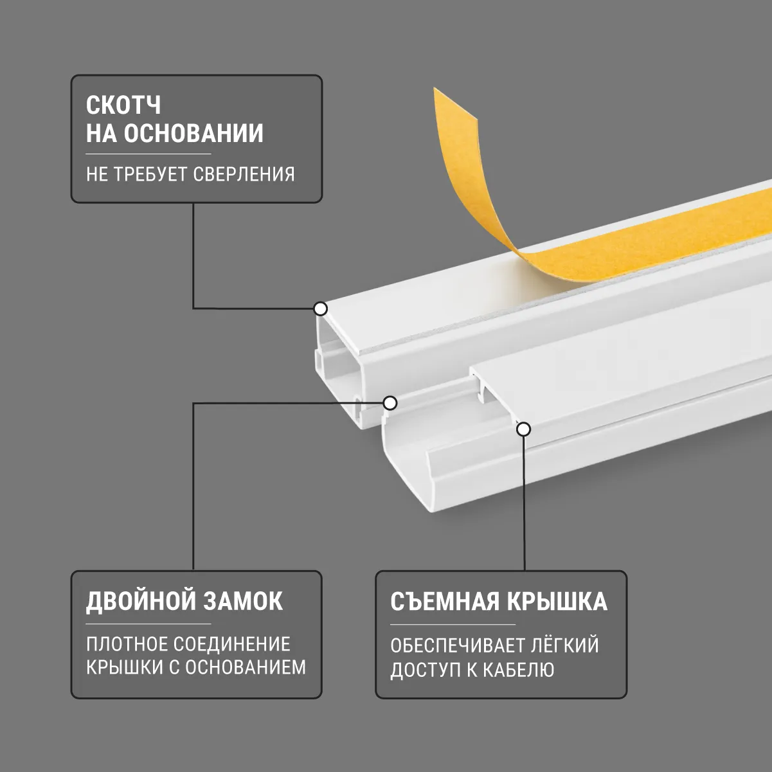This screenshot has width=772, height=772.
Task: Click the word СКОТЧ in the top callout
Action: [123, 105]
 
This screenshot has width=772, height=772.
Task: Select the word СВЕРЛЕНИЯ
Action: [244, 174]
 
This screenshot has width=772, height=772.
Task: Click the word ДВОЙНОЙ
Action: [140, 602]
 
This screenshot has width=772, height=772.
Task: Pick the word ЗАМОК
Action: [243, 601]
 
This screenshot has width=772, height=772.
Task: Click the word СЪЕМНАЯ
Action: [445, 601]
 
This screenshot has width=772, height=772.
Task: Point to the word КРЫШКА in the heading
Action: [557, 601]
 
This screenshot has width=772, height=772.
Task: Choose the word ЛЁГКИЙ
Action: [565, 645]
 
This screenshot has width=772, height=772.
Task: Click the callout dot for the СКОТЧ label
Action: [320, 309]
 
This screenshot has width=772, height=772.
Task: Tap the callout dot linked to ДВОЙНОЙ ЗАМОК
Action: [390, 402]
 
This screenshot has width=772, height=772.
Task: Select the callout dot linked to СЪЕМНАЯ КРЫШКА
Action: [524, 429]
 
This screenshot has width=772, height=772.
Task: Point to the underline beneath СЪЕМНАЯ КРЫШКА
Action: [453, 624]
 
